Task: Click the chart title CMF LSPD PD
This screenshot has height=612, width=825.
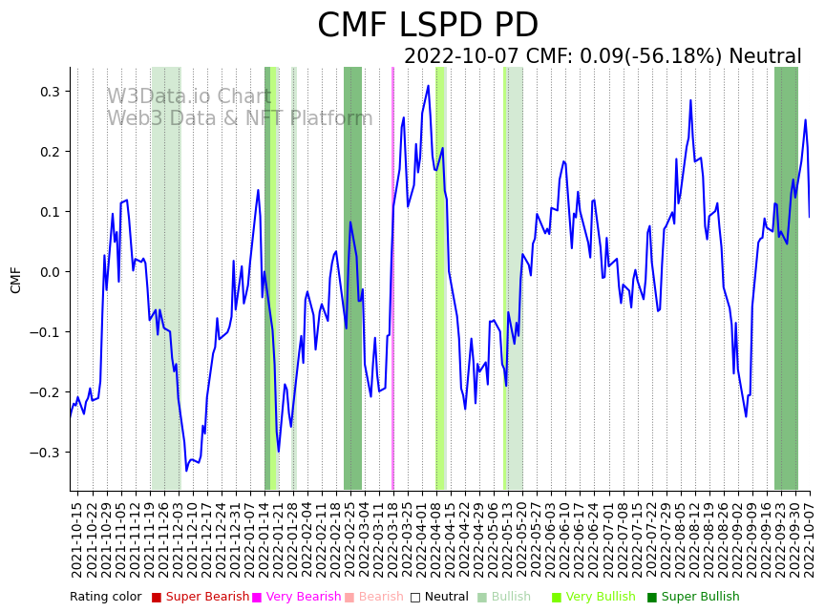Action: [428, 26]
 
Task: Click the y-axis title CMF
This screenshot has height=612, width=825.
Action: [15, 280]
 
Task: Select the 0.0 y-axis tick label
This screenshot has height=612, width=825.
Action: [47, 272]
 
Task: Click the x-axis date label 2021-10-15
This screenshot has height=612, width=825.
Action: [77, 539]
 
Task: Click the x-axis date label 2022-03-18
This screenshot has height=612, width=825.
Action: [391, 539]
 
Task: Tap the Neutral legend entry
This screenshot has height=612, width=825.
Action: [439, 597]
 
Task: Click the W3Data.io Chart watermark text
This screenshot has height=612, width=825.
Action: [189, 96]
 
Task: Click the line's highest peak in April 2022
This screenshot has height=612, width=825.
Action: [428, 86]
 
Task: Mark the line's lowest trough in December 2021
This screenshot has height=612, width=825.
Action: [187, 470]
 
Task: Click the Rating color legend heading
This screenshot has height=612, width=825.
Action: [105, 597]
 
